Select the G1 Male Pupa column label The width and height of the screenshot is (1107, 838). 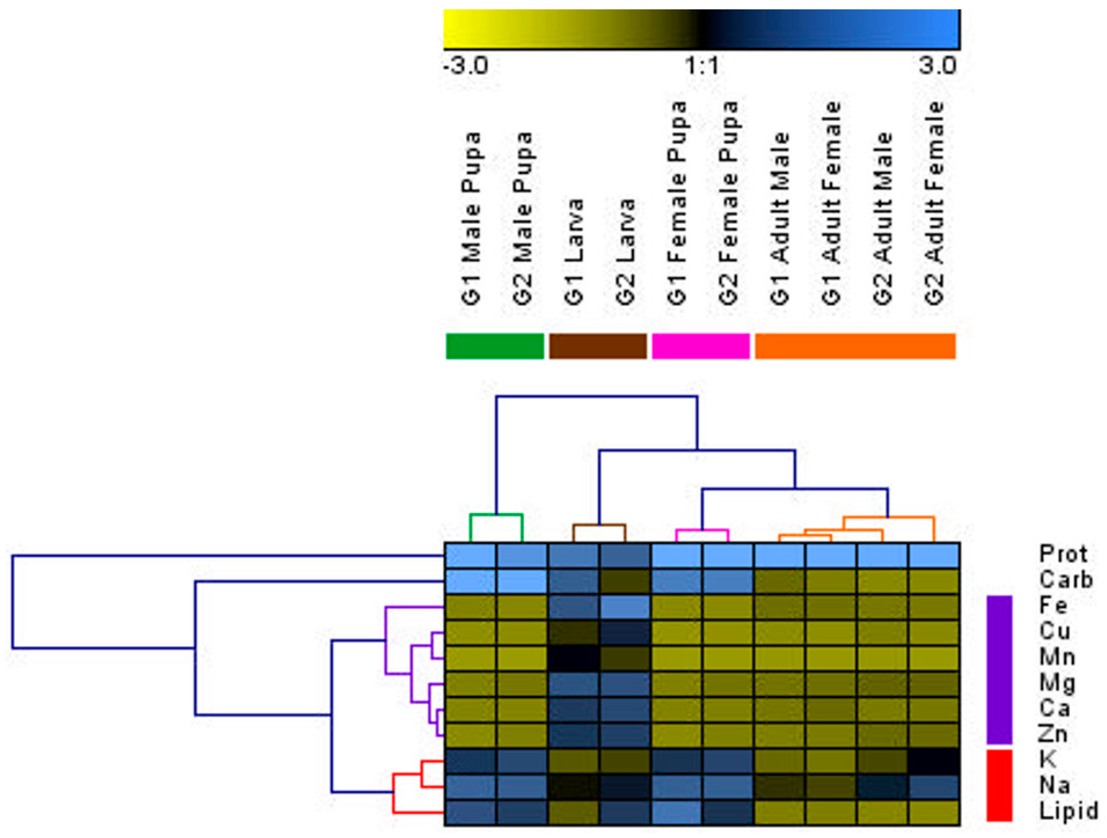471,218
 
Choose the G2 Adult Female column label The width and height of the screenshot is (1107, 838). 934,203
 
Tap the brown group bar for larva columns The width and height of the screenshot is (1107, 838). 598,346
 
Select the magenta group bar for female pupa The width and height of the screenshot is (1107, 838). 701,346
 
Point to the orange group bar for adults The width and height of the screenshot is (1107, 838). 855,346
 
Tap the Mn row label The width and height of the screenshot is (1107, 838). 1057,657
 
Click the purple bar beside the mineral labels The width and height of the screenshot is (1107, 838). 1000,669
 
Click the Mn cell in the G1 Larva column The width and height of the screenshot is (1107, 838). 573,659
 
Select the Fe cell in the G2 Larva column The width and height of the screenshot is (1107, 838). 625,607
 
